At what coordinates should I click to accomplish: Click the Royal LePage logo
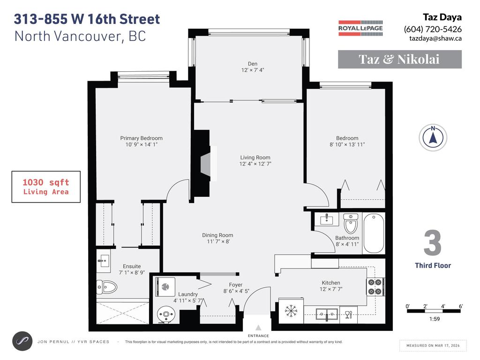coord(360,28)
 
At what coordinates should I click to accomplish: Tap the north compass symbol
coord(433,138)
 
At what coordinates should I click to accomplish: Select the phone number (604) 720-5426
coord(433,29)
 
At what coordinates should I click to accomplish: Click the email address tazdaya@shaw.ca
coord(435,38)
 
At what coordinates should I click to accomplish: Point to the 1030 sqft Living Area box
coord(46,187)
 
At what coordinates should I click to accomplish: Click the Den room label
coord(253,64)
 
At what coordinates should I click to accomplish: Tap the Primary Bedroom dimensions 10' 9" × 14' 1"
coord(141,144)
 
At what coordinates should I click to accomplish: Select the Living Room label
coord(255,157)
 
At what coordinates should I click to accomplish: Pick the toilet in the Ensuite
coord(107,287)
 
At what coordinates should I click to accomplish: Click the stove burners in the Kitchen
coord(375,287)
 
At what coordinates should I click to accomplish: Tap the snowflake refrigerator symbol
coord(291,311)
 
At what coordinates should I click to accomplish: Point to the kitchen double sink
coord(327,314)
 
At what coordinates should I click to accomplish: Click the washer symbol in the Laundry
coord(165,287)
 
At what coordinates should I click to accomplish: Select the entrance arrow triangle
coord(258,328)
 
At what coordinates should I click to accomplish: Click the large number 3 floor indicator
coord(433,243)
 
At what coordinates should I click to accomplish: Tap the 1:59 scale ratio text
coord(435,319)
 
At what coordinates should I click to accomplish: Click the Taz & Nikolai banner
coord(400,59)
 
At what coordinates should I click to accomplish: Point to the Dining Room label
coord(217,235)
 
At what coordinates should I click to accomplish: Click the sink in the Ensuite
coord(104,261)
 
